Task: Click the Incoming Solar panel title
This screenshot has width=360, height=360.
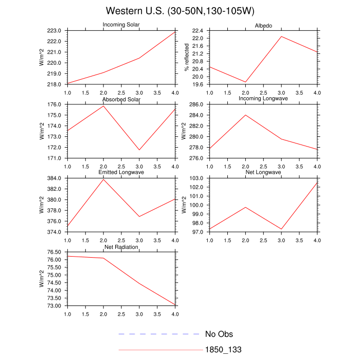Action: point(121,25)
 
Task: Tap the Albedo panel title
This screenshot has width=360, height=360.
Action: point(263,26)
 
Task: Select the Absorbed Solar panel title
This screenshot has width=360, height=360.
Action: point(121,99)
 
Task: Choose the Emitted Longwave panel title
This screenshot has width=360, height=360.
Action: point(121,172)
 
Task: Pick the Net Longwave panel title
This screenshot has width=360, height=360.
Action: point(263,172)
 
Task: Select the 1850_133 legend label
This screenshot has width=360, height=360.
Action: point(223,350)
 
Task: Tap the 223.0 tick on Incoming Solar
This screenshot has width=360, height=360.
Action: point(56,31)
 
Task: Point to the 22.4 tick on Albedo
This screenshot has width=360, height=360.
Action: point(199,31)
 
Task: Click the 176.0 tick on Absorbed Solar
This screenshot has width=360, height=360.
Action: point(56,104)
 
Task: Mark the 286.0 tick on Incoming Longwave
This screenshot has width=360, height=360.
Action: point(199,104)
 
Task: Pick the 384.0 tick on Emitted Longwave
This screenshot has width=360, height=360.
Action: point(56,178)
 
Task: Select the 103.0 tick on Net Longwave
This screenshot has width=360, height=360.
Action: point(199,178)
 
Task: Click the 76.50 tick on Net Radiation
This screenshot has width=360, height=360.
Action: point(55,252)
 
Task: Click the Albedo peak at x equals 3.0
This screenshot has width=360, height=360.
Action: point(281,37)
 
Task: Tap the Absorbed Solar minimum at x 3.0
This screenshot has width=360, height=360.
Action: point(139,150)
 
